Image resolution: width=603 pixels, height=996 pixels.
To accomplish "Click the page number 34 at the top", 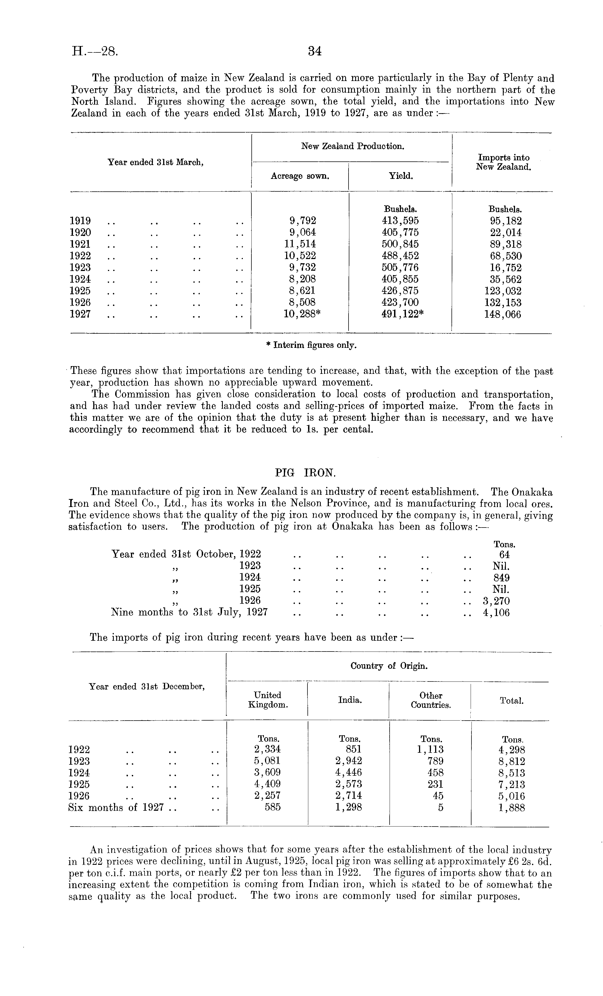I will point(314,51).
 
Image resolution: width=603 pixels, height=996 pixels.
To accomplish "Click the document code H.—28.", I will point(95,51).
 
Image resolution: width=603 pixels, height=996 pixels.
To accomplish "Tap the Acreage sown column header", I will point(300,176).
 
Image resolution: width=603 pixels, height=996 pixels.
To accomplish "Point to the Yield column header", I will point(400,176).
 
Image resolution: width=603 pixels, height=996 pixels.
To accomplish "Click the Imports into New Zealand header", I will point(503,162).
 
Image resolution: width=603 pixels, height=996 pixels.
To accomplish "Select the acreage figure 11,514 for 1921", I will point(300,244).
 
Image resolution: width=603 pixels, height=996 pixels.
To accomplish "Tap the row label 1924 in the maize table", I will point(80,279).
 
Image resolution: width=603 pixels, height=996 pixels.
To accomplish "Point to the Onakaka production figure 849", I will point(501,578).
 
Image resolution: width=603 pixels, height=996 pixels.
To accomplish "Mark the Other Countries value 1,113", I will point(430,750).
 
